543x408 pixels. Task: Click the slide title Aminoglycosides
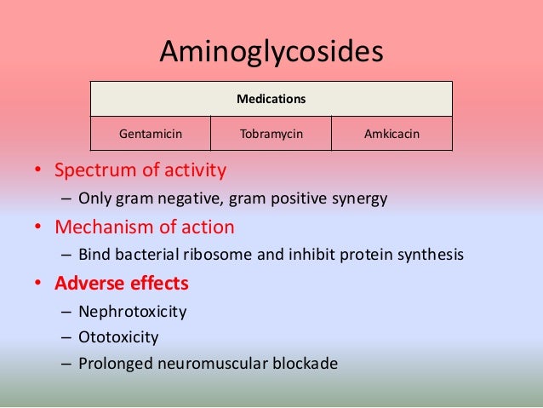click(x=271, y=53)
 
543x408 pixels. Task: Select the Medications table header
click(x=271, y=100)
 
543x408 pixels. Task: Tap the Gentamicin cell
click(x=151, y=134)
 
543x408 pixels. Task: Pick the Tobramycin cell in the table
click(x=271, y=134)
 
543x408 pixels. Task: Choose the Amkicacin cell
click(x=392, y=134)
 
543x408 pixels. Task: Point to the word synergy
click(x=357, y=198)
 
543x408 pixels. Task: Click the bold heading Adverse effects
click(x=122, y=282)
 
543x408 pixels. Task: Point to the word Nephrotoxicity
click(x=132, y=310)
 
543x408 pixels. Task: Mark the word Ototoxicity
click(x=118, y=336)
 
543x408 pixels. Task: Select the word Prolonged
click(x=113, y=364)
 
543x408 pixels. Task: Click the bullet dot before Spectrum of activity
click(x=37, y=171)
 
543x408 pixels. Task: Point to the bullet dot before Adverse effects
click(x=37, y=283)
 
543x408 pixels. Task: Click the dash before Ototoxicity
click(x=66, y=337)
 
